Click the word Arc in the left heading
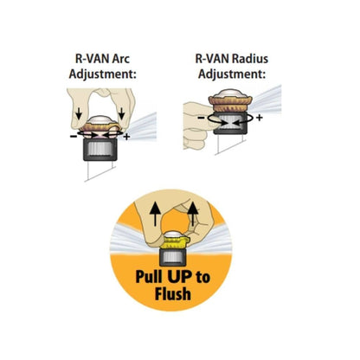tap(127, 60)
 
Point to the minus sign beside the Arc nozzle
tap(73, 136)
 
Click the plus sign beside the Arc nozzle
tap(127, 137)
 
